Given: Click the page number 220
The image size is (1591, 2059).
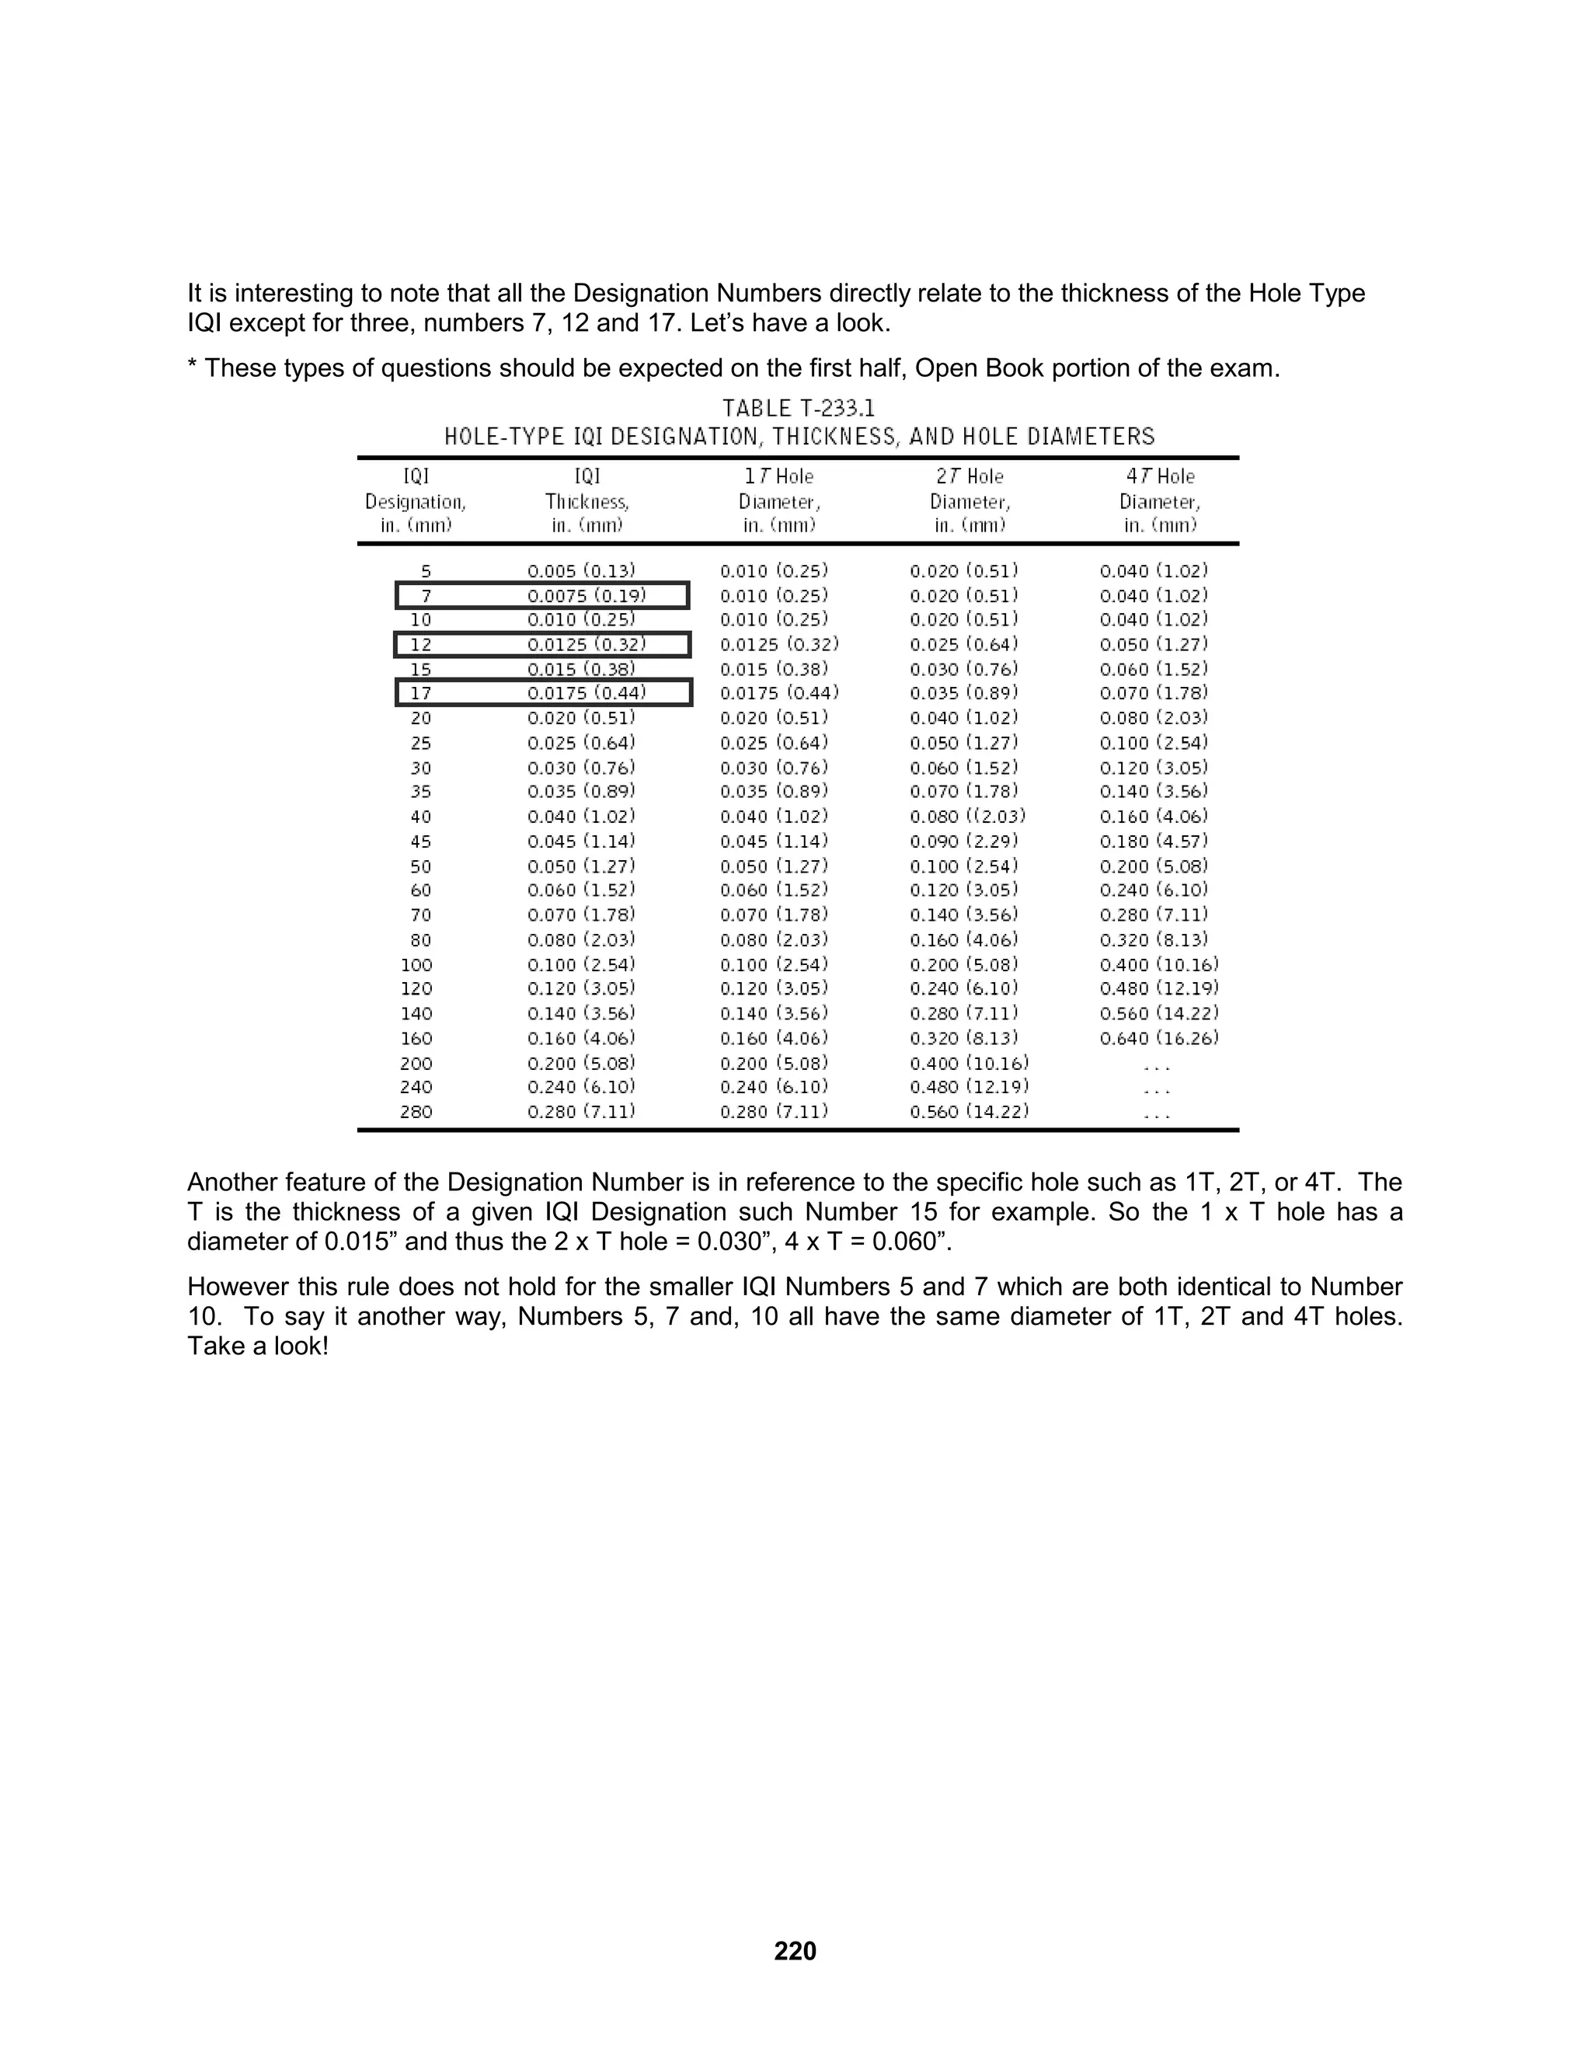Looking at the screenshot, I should click(795, 1950).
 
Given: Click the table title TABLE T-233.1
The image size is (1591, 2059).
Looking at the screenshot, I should click(799, 408).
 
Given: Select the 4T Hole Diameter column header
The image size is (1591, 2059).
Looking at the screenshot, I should click(1159, 500).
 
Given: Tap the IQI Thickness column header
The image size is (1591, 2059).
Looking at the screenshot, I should click(587, 500).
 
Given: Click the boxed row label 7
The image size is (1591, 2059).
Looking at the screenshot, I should click(426, 596).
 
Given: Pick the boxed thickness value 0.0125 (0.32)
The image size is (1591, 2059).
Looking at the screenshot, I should click(587, 645).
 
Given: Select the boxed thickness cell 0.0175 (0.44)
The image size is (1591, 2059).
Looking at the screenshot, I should click(587, 694).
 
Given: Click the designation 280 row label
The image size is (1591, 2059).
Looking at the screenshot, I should click(416, 1112).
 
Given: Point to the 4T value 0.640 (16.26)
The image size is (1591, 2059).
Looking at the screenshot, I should click(1158, 1038).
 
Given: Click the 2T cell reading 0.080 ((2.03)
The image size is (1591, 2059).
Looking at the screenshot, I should click(967, 817).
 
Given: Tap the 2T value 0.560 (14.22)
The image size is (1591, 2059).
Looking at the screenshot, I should click(969, 1112).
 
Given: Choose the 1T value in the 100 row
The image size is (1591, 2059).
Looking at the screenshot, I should click(774, 964).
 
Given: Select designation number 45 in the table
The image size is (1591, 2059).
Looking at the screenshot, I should click(420, 841).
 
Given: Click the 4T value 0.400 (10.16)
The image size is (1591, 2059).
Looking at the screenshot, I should click(1158, 964).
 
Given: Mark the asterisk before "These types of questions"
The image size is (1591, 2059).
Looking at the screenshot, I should click(193, 366).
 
